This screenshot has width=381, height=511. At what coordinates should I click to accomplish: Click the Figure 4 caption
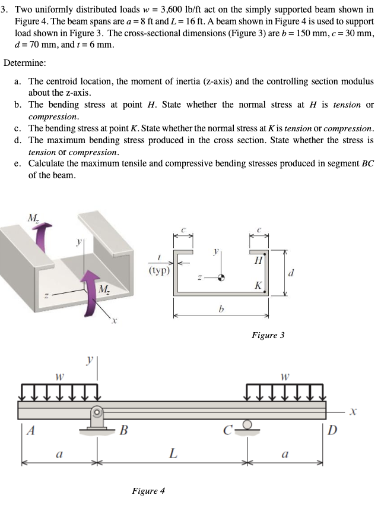pyautogui.click(x=148, y=491)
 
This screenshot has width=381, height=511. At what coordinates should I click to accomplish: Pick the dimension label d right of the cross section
pyautogui.click(x=290, y=273)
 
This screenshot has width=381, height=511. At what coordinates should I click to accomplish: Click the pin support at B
pyautogui.click(x=97, y=419)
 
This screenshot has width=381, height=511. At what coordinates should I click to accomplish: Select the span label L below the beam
pyautogui.click(x=172, y=454)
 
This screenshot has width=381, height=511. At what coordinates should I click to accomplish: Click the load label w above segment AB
pyautogui.click(x=59, y=376)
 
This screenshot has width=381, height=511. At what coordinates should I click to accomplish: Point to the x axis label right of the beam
pyautogui.click(x=353, y=411)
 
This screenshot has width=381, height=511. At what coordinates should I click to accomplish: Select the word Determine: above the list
pyautogui.click(x=24, y=63)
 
